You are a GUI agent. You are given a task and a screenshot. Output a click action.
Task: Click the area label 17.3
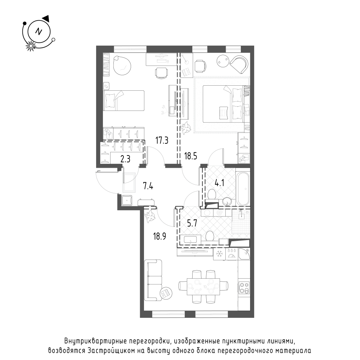click(x=162, y=140)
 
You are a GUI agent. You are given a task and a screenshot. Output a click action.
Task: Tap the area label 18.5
click(x=190, y=156)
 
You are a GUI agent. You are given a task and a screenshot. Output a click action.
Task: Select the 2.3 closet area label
click(x=125, y=159)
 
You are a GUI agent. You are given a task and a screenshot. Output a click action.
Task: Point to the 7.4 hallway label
click(x=148, y=186)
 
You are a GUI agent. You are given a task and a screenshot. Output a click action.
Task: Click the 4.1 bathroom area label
click(x=219, y=183)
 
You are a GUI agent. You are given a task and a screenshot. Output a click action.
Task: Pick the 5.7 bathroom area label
click(x=192, y=223)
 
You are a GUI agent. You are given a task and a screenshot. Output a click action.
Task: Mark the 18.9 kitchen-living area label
click(x=159, y=236)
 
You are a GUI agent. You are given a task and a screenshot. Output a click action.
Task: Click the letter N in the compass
click(x=39, y=31)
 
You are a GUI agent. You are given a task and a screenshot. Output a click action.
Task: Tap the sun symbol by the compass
click(x=30, y=46)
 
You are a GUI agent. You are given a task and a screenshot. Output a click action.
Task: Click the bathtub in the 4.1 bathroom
click(x=243, y=189)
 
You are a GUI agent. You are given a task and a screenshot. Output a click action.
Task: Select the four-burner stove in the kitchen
click(x=244, y=288)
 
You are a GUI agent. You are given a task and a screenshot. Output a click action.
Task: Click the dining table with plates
click(x=203, y=287)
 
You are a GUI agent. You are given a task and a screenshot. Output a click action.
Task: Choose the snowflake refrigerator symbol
click(x=219, y=254)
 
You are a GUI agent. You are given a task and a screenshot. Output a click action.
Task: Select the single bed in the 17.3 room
click(x=124, y=100)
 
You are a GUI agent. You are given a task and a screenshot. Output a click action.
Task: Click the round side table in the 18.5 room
click(x=223, y=60)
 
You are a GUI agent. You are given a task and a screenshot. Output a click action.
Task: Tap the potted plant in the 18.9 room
click(x=150, y=216)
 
